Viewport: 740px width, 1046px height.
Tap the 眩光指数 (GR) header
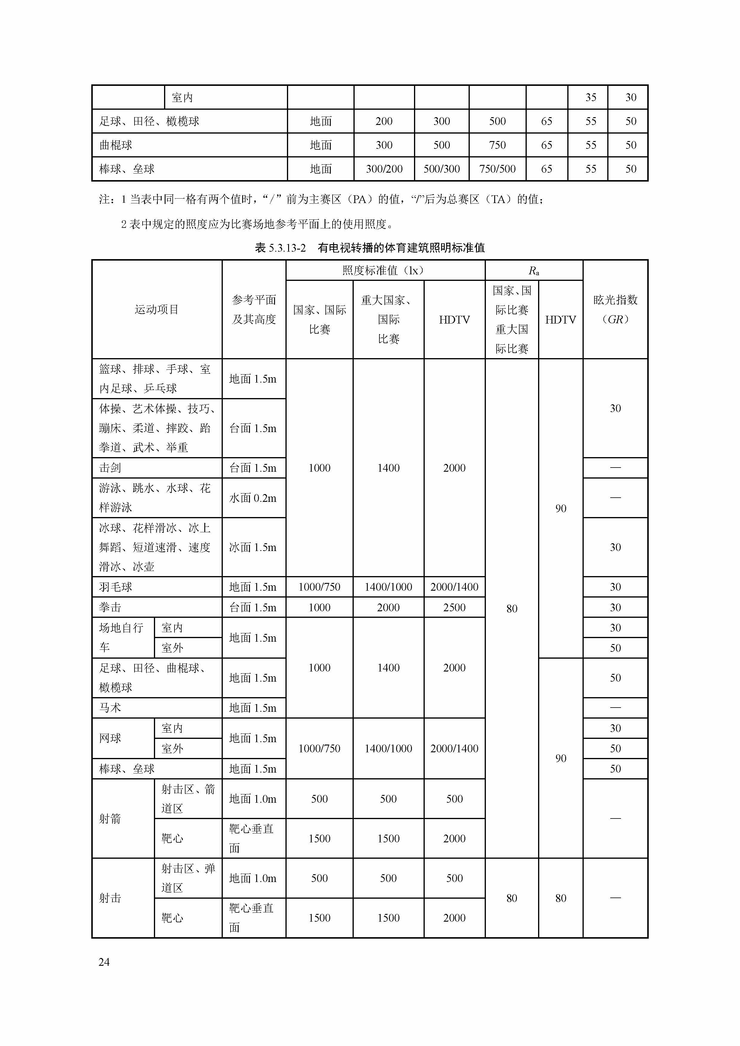click(x=615, y=309)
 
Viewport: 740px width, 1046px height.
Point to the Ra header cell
click(x=534, y=271)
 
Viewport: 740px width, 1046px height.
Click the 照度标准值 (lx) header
click(x=385, y=271)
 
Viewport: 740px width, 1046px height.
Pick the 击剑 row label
click(x=110, y=468)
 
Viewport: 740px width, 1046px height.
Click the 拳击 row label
click(x=110, y=607)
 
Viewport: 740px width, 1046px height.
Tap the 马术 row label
click(x=110, y=708)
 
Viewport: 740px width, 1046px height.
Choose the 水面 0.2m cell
click(x=253, y=498)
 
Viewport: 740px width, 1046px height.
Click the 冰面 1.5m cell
click(x=253, y=547)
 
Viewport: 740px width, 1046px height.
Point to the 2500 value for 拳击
click(x=454, y=607)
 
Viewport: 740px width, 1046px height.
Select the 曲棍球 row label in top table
click(x=116, y=145)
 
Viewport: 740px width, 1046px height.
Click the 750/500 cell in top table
click(x=497, y=169)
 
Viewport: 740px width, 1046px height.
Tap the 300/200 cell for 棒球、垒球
click(x=384, y=169)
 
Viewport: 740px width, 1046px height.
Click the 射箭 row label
click(x=110, y=819)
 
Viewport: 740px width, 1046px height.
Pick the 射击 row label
click(x=110, y=898)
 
